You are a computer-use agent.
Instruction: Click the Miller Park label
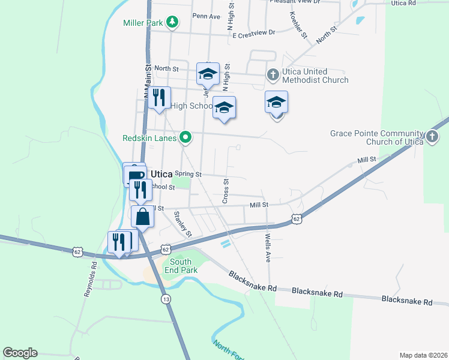coord(143,23)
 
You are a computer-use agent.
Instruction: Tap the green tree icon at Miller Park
coord(172,23)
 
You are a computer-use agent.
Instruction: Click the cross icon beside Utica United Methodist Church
coord(273,75)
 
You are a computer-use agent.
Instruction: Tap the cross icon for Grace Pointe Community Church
coord(432,137)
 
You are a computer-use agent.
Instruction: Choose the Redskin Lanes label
coord(149,138)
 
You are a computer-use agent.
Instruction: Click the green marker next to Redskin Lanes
coord(186,138)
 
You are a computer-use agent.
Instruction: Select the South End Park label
coord(181,266)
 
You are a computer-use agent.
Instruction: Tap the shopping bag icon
coord(143,217)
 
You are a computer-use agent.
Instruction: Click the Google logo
coord(20,353)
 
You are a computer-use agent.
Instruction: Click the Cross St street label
coord(226,190)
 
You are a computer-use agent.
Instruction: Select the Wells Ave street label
coord(268,248)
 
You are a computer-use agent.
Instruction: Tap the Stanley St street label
coord(182,223)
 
